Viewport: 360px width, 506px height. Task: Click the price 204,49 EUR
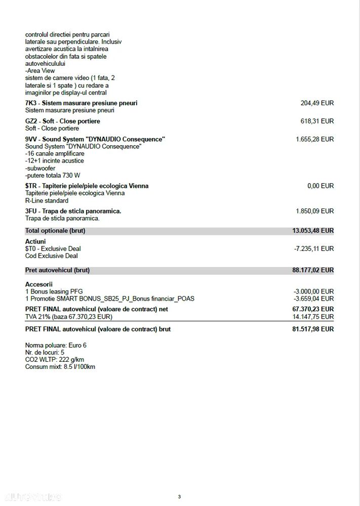[x=317, y=103]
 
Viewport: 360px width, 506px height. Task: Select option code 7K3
[x=30, y=103]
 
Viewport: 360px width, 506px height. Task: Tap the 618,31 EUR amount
[x=317, y=121]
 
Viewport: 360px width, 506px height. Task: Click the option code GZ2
[x=31, y=121]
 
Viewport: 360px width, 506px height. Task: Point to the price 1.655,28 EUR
[x=314, y=139]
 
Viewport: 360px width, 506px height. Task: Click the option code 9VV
[x=31, y=139]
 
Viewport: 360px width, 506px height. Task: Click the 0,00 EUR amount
[x=321, y=186]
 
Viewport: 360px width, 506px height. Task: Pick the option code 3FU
[x=31, y=211]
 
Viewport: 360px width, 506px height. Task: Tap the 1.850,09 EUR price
[x=314, y=211]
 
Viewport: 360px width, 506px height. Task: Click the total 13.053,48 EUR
[x=313, y=231]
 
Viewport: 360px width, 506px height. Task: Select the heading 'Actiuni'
[x=35, y=241]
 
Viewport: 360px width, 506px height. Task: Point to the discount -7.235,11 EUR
[x=314, y=249]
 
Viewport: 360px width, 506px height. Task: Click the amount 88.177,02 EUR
[x=313, y=270]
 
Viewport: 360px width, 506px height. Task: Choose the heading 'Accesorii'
[x=38, y=284]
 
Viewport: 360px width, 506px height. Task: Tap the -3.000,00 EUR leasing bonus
[x=314, y=291]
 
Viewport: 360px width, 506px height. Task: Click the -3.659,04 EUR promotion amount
[x=314, y=299]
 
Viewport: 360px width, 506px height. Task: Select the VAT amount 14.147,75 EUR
[x=313, y=317]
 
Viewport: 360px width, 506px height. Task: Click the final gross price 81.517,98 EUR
[x=313, y=329]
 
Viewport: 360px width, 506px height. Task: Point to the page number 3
[x=179, y=496]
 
